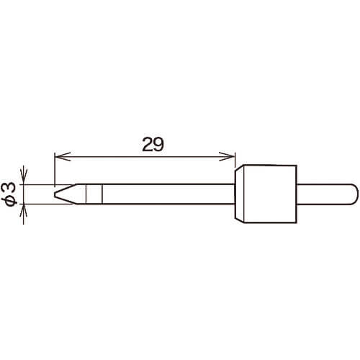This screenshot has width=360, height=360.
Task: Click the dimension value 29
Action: [x=153, y=145]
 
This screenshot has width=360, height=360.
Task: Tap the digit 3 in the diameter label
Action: [x=11, y=188]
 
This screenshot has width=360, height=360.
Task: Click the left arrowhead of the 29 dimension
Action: [x=63, y=156]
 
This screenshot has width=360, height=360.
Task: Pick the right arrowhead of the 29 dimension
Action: [x=227, y=156]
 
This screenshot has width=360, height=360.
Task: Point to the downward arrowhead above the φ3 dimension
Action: [x=23, y=176]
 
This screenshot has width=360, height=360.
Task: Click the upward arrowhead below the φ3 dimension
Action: [x=23, y=212]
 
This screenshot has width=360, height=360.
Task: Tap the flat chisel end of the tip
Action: [x=55, y=194]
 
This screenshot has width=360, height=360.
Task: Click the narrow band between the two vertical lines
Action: [x=94, y=194]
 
